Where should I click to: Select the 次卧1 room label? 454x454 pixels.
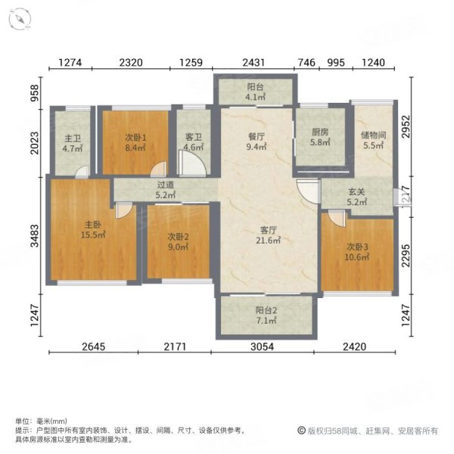point(135,138)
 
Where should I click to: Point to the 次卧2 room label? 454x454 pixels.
point(179,235)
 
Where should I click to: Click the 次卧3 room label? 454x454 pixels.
point(358,246)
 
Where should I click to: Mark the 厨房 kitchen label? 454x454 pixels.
point(320,131)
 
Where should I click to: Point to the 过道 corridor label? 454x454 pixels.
point(166,184)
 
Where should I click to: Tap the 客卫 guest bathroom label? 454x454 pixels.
point(194,137)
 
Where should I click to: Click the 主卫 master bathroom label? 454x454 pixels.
point(72,138)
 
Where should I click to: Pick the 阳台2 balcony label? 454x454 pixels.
point(265,309)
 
